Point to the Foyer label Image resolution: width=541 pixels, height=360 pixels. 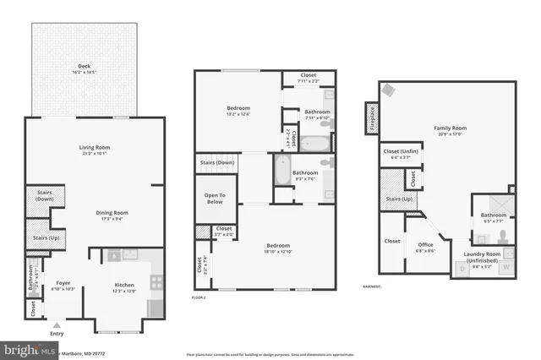coord(63,286)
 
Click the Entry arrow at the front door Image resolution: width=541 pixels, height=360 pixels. coord(57,324)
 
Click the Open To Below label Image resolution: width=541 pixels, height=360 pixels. coord(215,199)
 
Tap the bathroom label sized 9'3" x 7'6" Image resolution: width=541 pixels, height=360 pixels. coord(304,175)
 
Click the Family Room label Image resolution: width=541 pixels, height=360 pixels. coord(450,130)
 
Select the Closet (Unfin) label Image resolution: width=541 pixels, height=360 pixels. coord(396,154)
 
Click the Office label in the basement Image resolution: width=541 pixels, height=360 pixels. coord(424,246)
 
